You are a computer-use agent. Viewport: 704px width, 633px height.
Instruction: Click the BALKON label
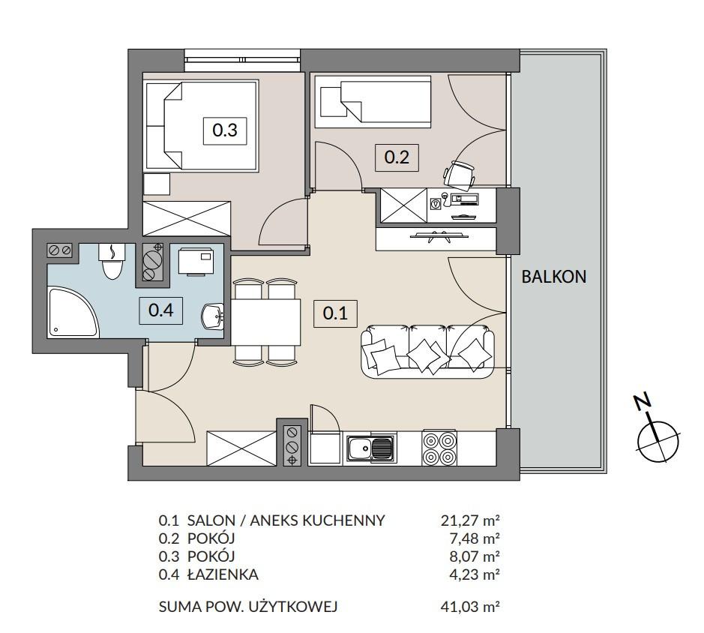point(553,276)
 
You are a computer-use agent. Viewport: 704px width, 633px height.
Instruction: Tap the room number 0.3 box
point(225,130)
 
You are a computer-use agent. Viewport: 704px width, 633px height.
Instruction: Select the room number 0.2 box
point(397,157)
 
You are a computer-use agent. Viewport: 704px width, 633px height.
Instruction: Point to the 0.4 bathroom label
point(160,310)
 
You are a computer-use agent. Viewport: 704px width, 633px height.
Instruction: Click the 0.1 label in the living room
point(335,313)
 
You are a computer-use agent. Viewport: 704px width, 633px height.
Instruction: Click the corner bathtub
point(72,312)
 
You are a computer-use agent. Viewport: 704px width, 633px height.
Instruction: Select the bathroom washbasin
point(213,316)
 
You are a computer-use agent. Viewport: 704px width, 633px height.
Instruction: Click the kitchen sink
point(371,448)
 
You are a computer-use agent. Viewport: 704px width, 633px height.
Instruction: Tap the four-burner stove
point(439,448)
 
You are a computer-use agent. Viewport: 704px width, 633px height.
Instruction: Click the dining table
point(266,322)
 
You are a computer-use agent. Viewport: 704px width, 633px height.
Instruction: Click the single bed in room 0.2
point(373,102)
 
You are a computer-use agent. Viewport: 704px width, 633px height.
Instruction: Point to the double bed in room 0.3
point(201,126)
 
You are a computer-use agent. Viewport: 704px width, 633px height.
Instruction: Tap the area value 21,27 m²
point(471,520)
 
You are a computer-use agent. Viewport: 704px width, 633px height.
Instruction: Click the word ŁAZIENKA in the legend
point(223,574)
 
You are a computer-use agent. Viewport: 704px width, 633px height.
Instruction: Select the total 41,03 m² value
point(471,607)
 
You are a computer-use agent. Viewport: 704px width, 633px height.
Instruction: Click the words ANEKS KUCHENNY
point(317,520)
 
